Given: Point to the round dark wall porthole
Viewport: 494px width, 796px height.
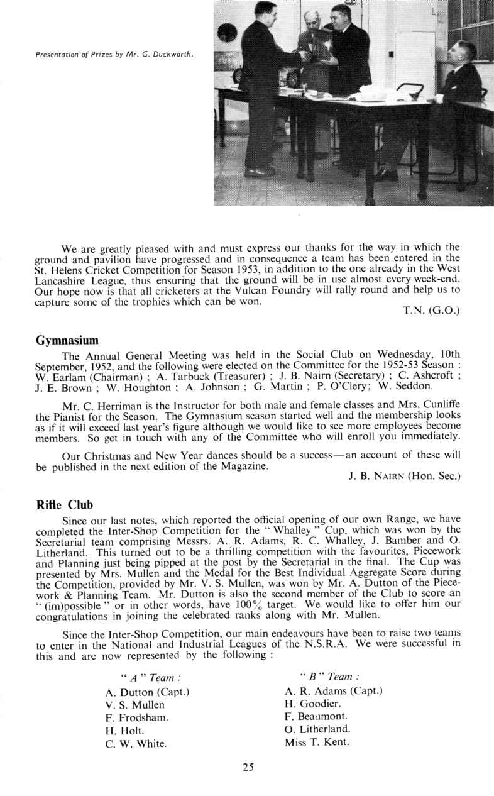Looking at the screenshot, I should coord(227,32).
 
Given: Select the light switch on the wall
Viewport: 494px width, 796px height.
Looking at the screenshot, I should coord(390,54).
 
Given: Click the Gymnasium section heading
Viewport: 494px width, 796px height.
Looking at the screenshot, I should coord(67,341).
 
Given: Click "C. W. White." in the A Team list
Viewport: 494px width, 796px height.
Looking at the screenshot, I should coord(136,744).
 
